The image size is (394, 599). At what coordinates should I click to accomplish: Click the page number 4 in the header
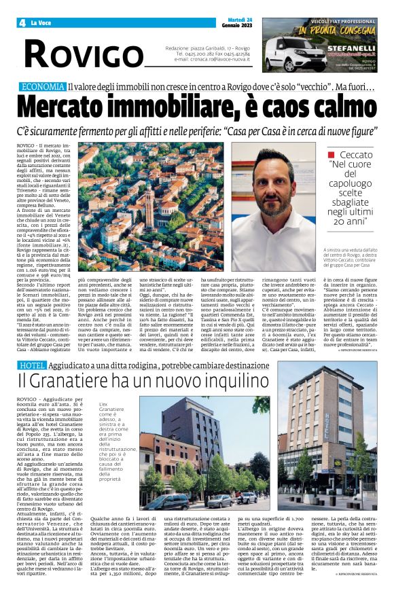23,22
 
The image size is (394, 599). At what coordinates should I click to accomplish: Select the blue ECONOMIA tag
43,87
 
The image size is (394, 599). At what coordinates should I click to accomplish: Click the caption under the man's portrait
354,254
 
